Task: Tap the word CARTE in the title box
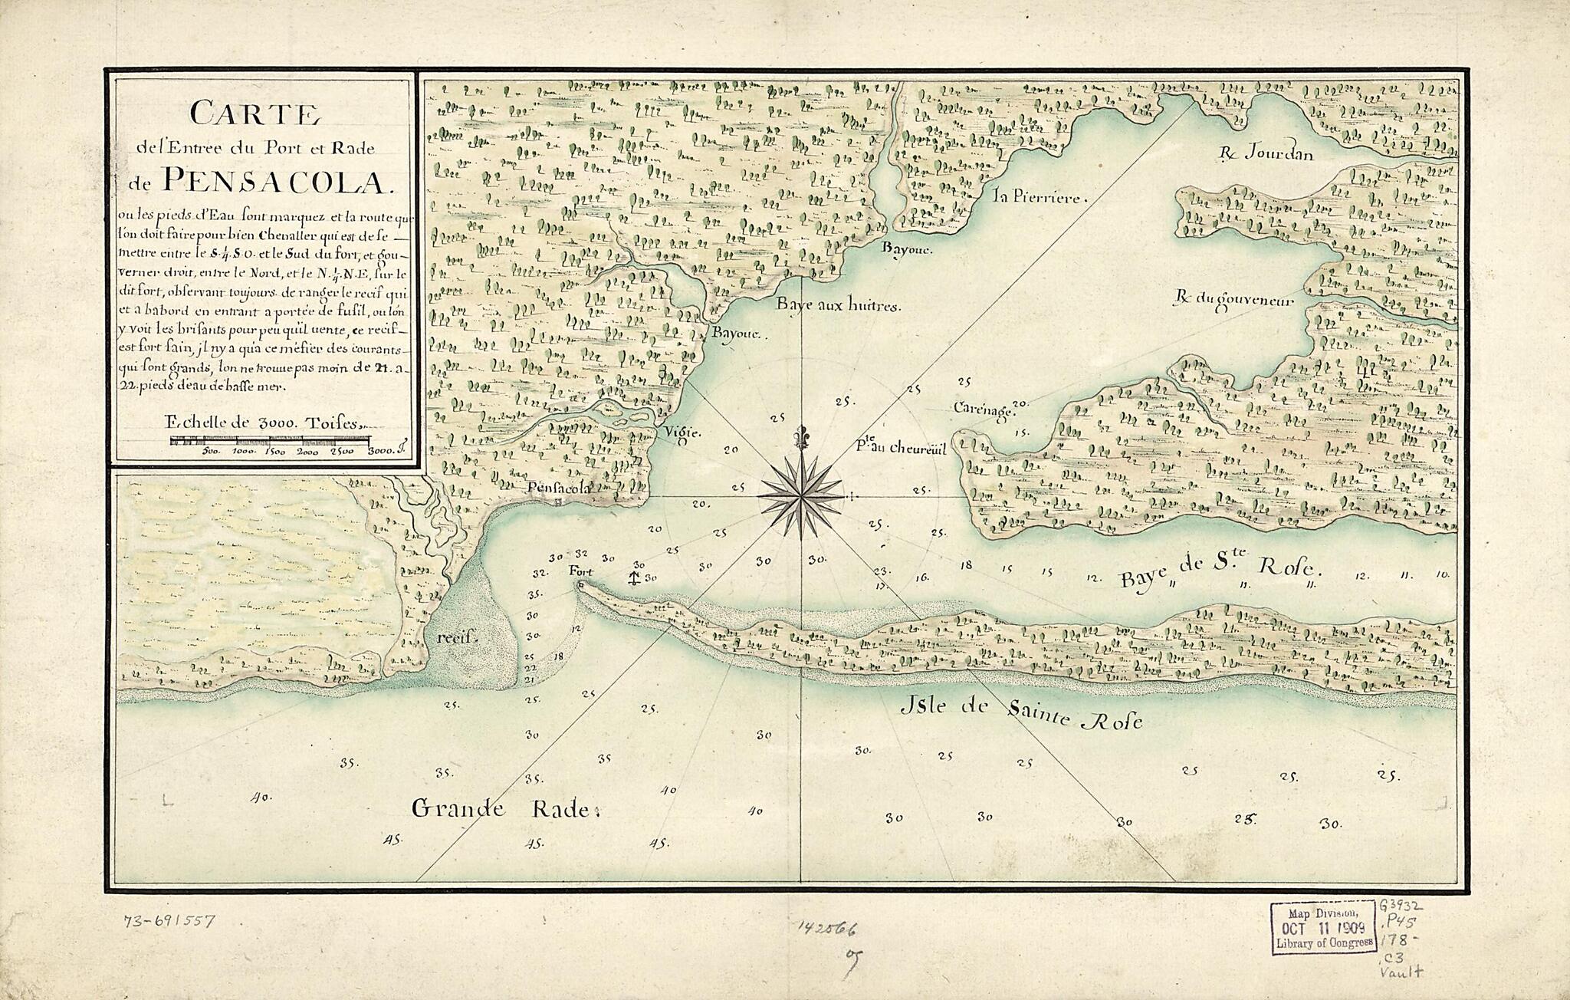click(x=255, y=114)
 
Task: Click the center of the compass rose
click(x=801, y=497)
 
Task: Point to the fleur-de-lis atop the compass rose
click(x=801, y=438)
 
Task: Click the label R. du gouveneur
click(x=1234, y=301)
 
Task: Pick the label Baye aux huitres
click(x=837, y=305)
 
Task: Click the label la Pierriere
click(x=1039, y=196)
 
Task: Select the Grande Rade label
click(x=502, y=808)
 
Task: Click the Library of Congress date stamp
click(x=1323, y=928)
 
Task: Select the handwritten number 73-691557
click(x=169, y=921)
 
